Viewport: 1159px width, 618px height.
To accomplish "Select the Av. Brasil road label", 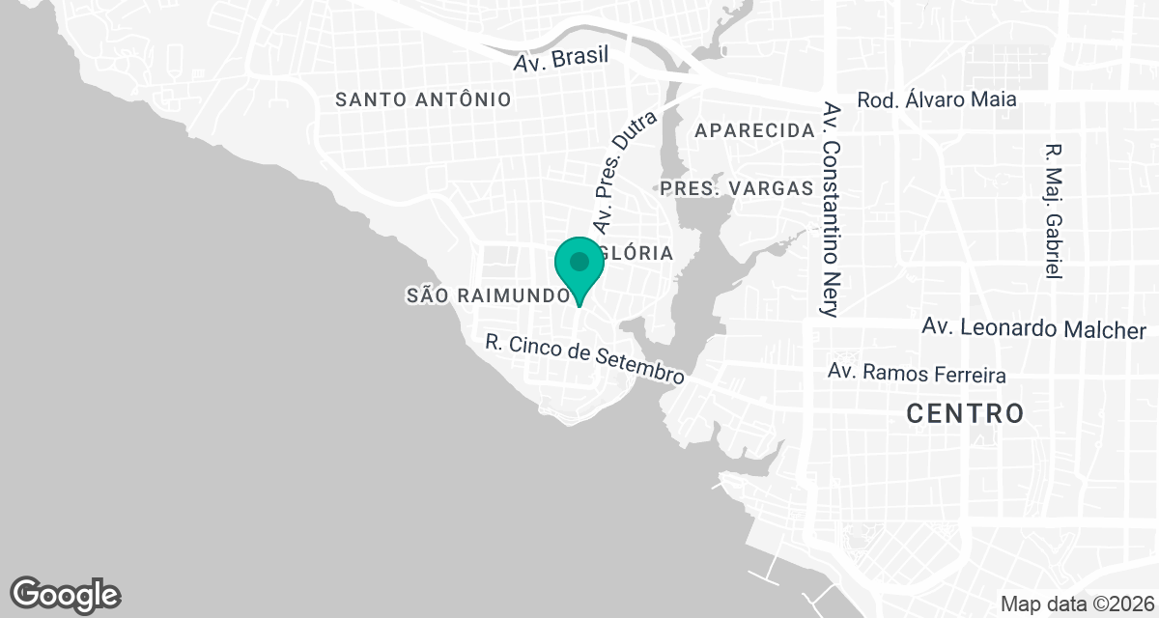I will [561, 57].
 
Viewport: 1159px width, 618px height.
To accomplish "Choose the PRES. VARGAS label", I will [737, 188].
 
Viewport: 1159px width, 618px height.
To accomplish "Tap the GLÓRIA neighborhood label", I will [636, 253].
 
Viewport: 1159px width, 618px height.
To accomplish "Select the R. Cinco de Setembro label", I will [585, 359].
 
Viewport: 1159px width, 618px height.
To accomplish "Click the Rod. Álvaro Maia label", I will [937, 99].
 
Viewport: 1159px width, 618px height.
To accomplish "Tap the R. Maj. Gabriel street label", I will [1053, 212].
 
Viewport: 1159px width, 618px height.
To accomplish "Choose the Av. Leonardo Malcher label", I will [1033, 329].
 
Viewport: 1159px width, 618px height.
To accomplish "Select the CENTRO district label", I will [965, 414].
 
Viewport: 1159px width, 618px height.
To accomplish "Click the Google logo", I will [66, 594].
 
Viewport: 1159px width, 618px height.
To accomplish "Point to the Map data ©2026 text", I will [1075, 604].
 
